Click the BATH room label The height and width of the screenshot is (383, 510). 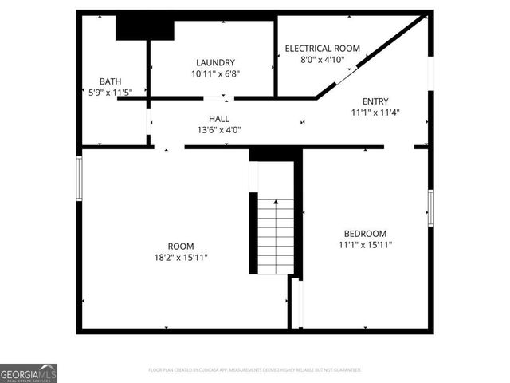pyautogui.click(x=110, y=81)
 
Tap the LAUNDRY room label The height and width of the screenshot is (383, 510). pyautogui.click(x=215, y=62)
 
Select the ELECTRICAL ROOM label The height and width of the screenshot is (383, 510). pyautogui.click(x=322, y=49)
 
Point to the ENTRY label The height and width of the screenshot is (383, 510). pyautogui.click(x=375, y=101)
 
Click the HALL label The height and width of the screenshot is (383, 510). pyautogui.click(x=219, y=119)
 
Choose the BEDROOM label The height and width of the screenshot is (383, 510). pyautogui.click(x=365, y=234)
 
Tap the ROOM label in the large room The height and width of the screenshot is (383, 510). pyautogui.click(x=180, y=246)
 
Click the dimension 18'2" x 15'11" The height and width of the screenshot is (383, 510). pyautogui.click(x=180, y=257)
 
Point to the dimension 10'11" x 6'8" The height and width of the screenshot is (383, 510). pyautogui.click(x=215, y=73)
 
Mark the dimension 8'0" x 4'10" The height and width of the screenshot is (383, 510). pyautogui.click(x=322, y=60)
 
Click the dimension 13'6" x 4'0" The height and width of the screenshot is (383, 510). pyautogui.click(x=219, y=130)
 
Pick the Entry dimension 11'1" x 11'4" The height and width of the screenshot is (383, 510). pyautogui.click(x=375, y=113)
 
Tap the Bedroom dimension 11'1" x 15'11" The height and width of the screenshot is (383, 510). pyautogui.click(x=365, y=245)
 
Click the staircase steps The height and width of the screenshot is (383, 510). pyautogui.click(x=276, y=235)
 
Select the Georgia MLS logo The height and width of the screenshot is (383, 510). pyautogui.click(x=29, y=373)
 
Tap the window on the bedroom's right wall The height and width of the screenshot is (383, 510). pyautogui.click(x=430, y=207)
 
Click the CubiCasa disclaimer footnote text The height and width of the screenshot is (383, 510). pyautogui.click(x=255, y=370)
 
